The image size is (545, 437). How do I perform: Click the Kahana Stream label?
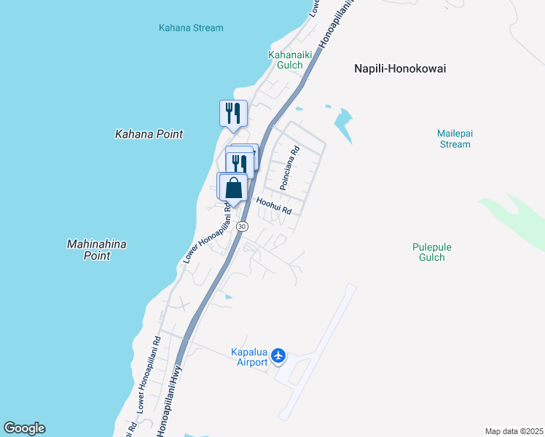click(191, 28)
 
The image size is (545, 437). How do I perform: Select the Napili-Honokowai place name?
click(399, 68)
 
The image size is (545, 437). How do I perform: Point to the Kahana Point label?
click(149, 134)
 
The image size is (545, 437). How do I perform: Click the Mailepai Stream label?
click(454, 138)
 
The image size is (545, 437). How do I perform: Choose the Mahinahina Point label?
click(96, 250)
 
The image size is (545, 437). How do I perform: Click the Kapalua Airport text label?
click(249, 357)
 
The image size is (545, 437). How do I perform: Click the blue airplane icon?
click(278, 356)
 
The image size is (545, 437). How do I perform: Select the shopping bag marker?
click(234, 187)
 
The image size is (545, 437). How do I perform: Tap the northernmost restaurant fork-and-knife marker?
click(233, 113)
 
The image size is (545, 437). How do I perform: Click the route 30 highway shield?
click(243, 227)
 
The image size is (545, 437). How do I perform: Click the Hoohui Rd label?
click(273, 207)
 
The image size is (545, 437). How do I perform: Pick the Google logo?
click(24, 428)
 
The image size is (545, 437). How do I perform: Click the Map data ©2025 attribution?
click(514, 431)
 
